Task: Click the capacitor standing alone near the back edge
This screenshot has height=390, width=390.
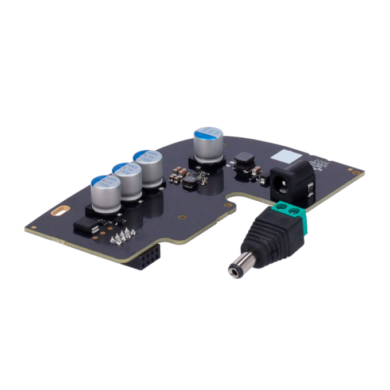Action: coord(206,145)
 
